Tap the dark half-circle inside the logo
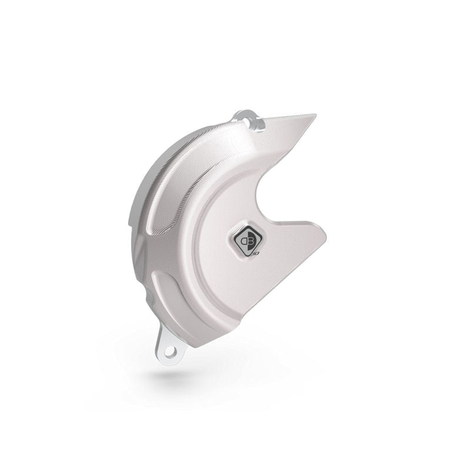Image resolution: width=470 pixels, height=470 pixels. [x=246, y=241]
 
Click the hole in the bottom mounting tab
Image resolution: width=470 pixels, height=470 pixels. [x=170, y=352]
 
